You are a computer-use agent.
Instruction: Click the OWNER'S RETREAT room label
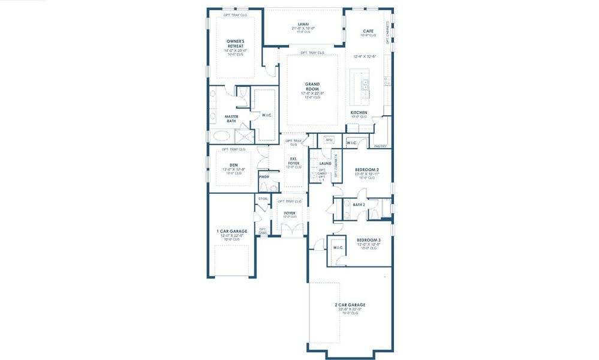coord(234,43)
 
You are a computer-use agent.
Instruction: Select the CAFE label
coord(369,31)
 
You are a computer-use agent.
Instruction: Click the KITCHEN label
coord(359,112)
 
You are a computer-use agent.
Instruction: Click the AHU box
coord(328,140)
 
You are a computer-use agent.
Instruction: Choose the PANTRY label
coord(380,146)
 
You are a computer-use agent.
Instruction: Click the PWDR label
coord(264,177)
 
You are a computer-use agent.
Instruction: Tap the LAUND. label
coord(326,163)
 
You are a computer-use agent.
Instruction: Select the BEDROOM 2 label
coord(366,169)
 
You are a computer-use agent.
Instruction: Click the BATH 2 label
coord(359,205)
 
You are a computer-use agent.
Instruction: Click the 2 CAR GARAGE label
coord(350,305)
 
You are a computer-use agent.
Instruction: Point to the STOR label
coord(263,199)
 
